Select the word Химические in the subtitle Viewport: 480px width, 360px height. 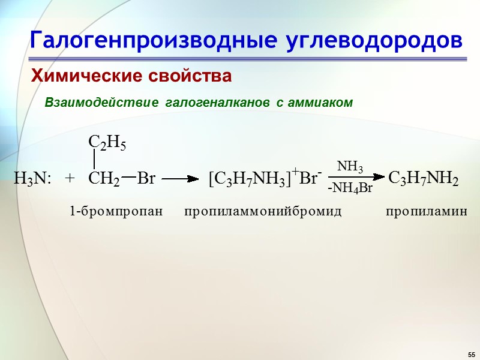(82, 77)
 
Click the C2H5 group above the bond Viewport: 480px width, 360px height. (107, 142)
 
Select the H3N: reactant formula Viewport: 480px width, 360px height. (33, 178)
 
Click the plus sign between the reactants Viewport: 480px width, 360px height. (70, 178)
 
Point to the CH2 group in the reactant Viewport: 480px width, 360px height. (103, 178)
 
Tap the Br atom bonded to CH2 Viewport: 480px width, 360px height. (146, 178)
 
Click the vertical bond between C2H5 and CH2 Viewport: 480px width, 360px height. (95, 160)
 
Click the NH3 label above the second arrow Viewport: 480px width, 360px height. (350, 167)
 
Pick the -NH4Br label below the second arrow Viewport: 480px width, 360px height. (350, 189)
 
